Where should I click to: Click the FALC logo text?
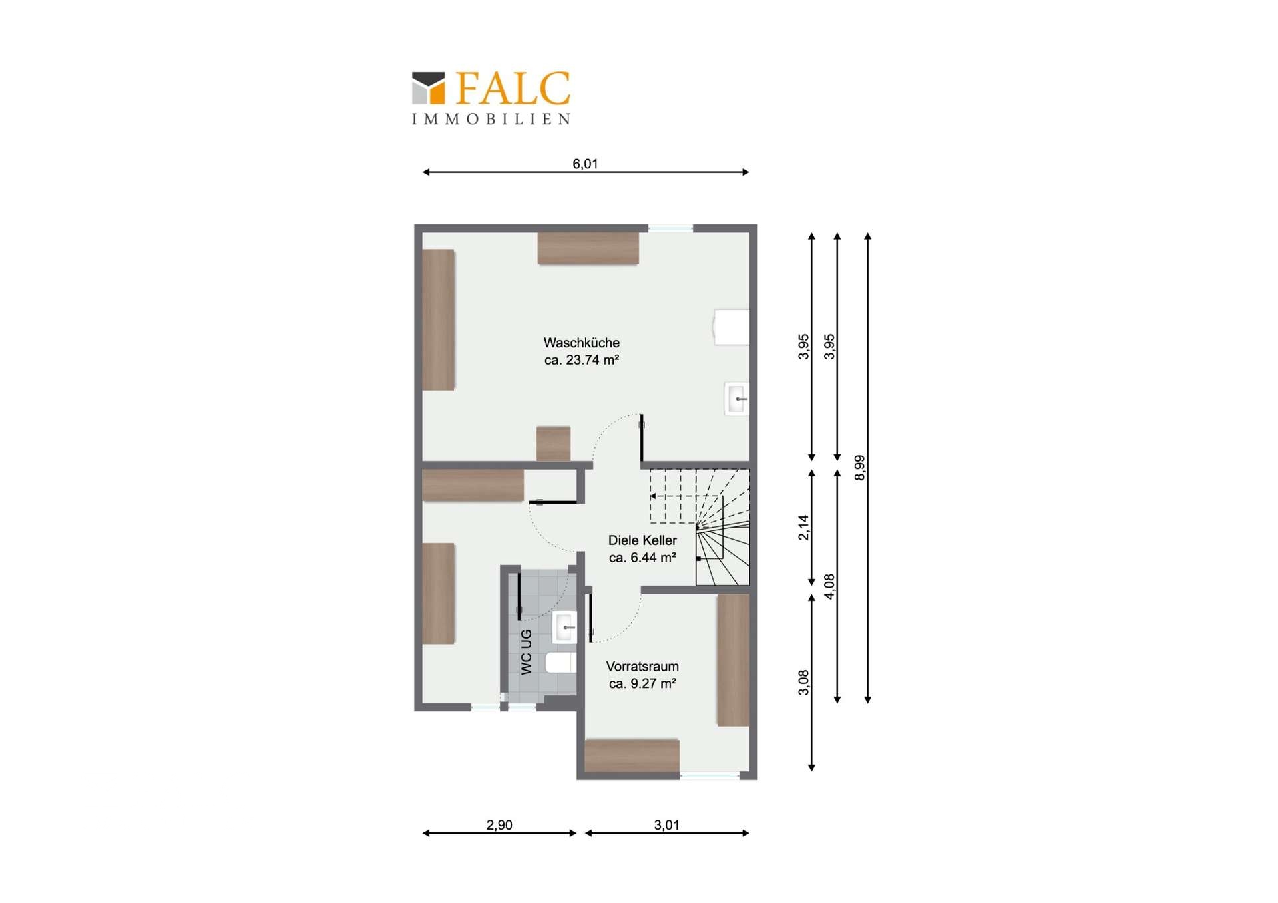(513, 89)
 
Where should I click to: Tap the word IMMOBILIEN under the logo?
(491, 119)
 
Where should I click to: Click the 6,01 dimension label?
(585, 164)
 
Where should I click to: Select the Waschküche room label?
(582, 343)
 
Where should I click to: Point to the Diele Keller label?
(642, 540)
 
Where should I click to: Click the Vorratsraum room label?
(642, 666)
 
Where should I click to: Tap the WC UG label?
(526, 652)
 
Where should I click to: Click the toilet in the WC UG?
(560, 663)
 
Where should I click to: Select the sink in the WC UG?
(565, 627)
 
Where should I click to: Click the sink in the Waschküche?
(737, 399)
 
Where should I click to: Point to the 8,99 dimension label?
(860, 468)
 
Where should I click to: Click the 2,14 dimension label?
(804, 527)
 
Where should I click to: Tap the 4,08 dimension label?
(829, 586)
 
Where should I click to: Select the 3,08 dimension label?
(804, 682)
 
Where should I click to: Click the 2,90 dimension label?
(499, 825)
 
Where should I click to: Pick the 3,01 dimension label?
(666, 825)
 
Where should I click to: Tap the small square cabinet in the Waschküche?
(554, 444)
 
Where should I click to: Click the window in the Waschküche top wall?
(670, 228)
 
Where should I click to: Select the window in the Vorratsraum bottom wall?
(710, 775)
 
